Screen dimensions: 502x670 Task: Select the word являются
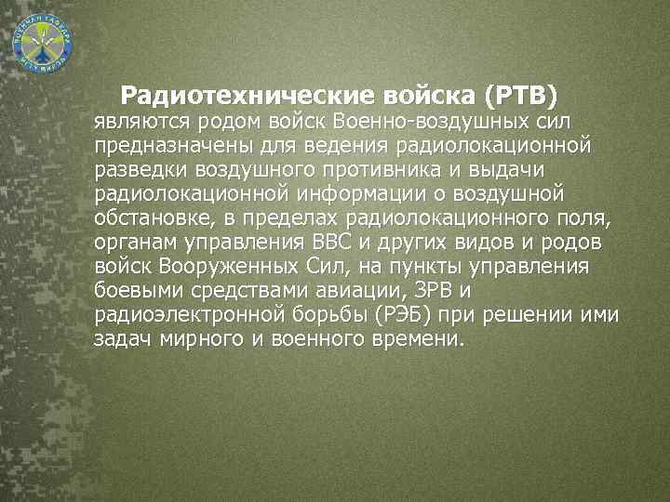(141, 121)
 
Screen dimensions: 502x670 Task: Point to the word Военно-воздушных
(435, 121)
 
